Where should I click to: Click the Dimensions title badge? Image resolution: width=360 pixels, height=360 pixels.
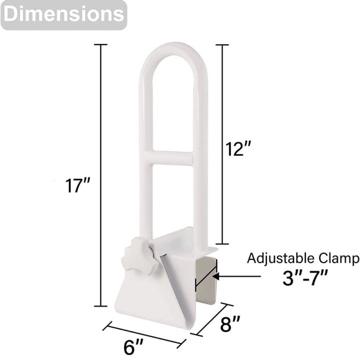pyautogui.click(x=63, y=15)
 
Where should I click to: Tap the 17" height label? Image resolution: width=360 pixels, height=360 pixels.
pyautogui.click(x=78, y=186)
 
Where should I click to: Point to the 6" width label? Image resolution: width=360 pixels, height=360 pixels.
pyautogui.click(x=133, y=347)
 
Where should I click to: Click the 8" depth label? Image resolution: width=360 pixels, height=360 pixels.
pyautogui.click(x=230, y=324)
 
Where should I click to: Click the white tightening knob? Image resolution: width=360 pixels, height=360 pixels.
pyautogui.click(x=140, y=255)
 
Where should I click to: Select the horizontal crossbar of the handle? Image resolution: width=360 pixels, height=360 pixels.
pyautogui.click(x=172, y=158)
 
